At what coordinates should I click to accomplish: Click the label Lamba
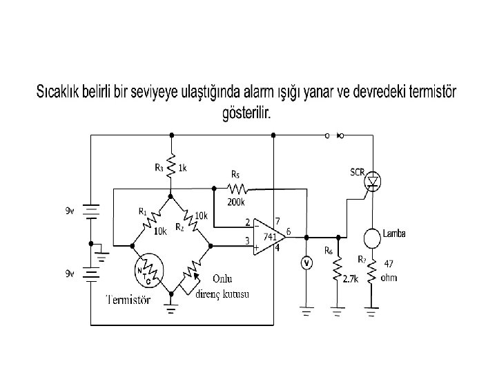(x=394, y=233)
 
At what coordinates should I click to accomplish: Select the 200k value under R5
(x=235, y=203)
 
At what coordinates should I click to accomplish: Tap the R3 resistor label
(x=159, y=166)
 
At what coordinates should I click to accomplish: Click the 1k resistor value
(x=182, y=167)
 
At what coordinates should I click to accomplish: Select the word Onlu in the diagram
(x=223, y=278)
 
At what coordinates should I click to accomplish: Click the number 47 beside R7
(x=389, y=264)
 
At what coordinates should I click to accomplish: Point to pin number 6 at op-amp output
(x=288, y=230)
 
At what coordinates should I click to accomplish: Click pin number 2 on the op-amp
(x=247, y=222)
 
